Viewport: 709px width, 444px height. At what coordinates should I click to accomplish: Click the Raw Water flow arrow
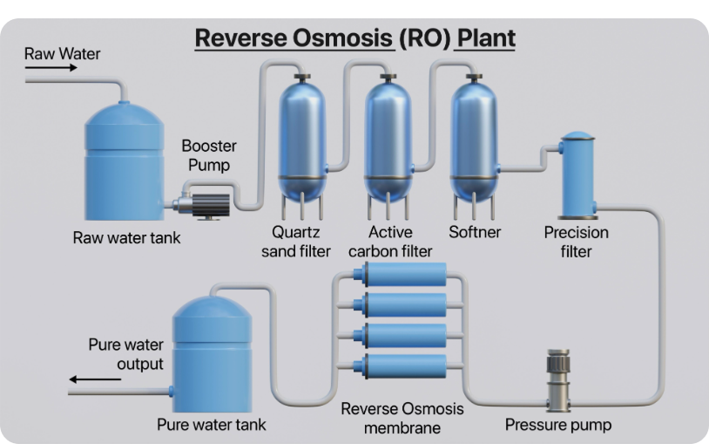tap(51, 68)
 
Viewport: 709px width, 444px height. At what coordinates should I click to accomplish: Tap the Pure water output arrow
tap(95, 379)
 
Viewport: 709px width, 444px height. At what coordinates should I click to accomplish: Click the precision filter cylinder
tap(577, 176)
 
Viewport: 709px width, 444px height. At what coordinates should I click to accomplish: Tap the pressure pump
tap(558, 380)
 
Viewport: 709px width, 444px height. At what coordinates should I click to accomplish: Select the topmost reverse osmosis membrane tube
tap(400, 275)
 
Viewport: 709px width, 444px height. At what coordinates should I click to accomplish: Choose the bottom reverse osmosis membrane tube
tap(400, 366)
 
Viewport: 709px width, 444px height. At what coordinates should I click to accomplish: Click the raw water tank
tap(125, 161)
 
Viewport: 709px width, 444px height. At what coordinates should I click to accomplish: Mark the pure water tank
tap(212, 354)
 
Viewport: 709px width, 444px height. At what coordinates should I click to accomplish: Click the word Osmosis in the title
tap(344, 38)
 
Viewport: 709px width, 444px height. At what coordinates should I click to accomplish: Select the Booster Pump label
tap(209, 155)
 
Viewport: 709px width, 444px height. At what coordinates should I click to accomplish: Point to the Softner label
tap(475, 232)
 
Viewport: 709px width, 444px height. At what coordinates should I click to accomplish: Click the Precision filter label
tap(576, 242)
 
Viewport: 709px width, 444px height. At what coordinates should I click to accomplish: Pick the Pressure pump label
tap(558, 425)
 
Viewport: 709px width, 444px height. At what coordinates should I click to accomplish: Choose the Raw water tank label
tap(126, 238)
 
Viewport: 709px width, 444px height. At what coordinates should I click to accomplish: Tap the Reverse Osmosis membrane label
tap(402, 418)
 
